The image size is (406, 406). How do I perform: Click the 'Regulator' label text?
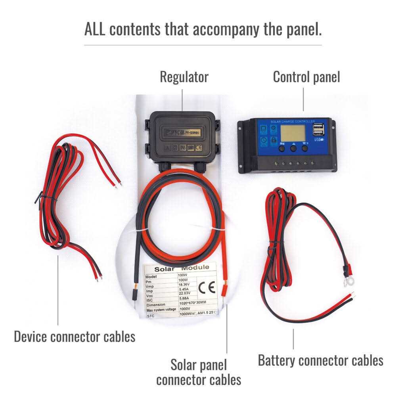(184, 77)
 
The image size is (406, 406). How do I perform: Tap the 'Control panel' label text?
(306, 77)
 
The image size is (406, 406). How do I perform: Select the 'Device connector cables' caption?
(75, 337)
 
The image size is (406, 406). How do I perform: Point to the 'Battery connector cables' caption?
(320, 360)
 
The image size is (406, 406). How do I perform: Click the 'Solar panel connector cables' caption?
(199, 372)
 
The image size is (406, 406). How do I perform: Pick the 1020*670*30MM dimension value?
(193, 303)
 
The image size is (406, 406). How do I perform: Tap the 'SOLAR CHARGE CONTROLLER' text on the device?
(293, 121)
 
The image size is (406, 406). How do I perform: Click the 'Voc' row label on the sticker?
(150, 295)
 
